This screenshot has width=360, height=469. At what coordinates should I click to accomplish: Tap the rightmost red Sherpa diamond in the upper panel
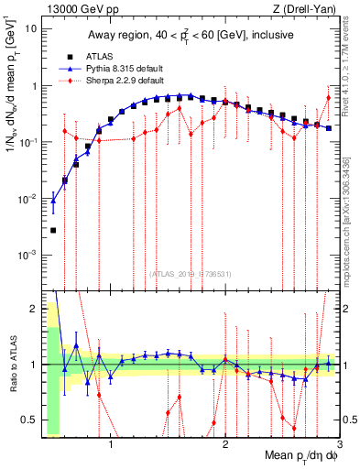(x=329, y=98)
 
